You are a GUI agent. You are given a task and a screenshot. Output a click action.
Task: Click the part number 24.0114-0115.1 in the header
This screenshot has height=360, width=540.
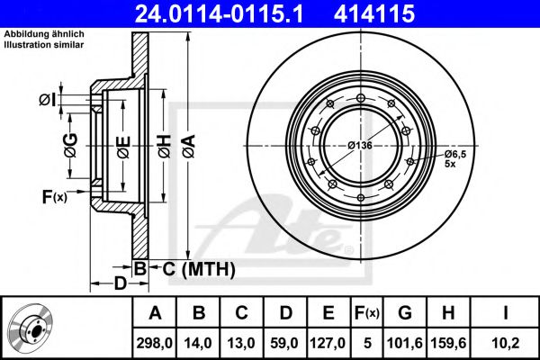coord(219,13)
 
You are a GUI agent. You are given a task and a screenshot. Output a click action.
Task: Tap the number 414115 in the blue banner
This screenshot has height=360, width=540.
coord(374,13)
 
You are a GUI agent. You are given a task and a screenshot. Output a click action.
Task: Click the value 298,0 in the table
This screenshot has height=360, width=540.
coord(154,343)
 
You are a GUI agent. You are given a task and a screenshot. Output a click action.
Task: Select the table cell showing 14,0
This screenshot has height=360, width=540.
coord(198,343)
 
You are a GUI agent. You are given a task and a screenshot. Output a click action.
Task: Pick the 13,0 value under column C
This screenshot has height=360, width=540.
coord(241,343)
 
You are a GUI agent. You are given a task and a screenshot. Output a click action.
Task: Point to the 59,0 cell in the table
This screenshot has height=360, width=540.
coord(284,343)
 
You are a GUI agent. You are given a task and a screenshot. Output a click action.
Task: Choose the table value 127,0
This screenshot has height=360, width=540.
coord(328,343)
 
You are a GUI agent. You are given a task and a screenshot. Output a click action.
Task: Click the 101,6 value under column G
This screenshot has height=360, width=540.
coord(405,343)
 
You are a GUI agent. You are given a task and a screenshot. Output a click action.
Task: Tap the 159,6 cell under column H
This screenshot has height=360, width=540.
coord(448,343)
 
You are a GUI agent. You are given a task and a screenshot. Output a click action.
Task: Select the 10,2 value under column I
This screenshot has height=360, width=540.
coord(505,343)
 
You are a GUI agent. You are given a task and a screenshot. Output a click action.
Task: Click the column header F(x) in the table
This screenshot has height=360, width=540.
coord(367,313)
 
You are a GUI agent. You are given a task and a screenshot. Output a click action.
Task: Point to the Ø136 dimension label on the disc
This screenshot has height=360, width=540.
coord(360,146)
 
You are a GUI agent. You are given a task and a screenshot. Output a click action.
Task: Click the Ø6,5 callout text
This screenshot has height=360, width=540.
coord(455,154)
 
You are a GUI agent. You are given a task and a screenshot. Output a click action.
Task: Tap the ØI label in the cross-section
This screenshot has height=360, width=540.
coord(47,100)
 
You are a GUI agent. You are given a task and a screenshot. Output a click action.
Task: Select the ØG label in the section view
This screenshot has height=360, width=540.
coord(70,146)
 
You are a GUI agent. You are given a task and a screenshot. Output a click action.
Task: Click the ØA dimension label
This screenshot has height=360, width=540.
coord(189,147)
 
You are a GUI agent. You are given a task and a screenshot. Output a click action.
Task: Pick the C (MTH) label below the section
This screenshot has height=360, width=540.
coord(199,269)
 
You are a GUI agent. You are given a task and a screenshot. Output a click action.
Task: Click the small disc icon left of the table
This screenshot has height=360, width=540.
coord(31,328)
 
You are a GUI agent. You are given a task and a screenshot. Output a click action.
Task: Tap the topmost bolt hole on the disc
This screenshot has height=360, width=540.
coord(361,97)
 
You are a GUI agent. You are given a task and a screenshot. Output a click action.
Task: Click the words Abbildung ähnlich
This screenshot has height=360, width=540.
coord(44,34)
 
